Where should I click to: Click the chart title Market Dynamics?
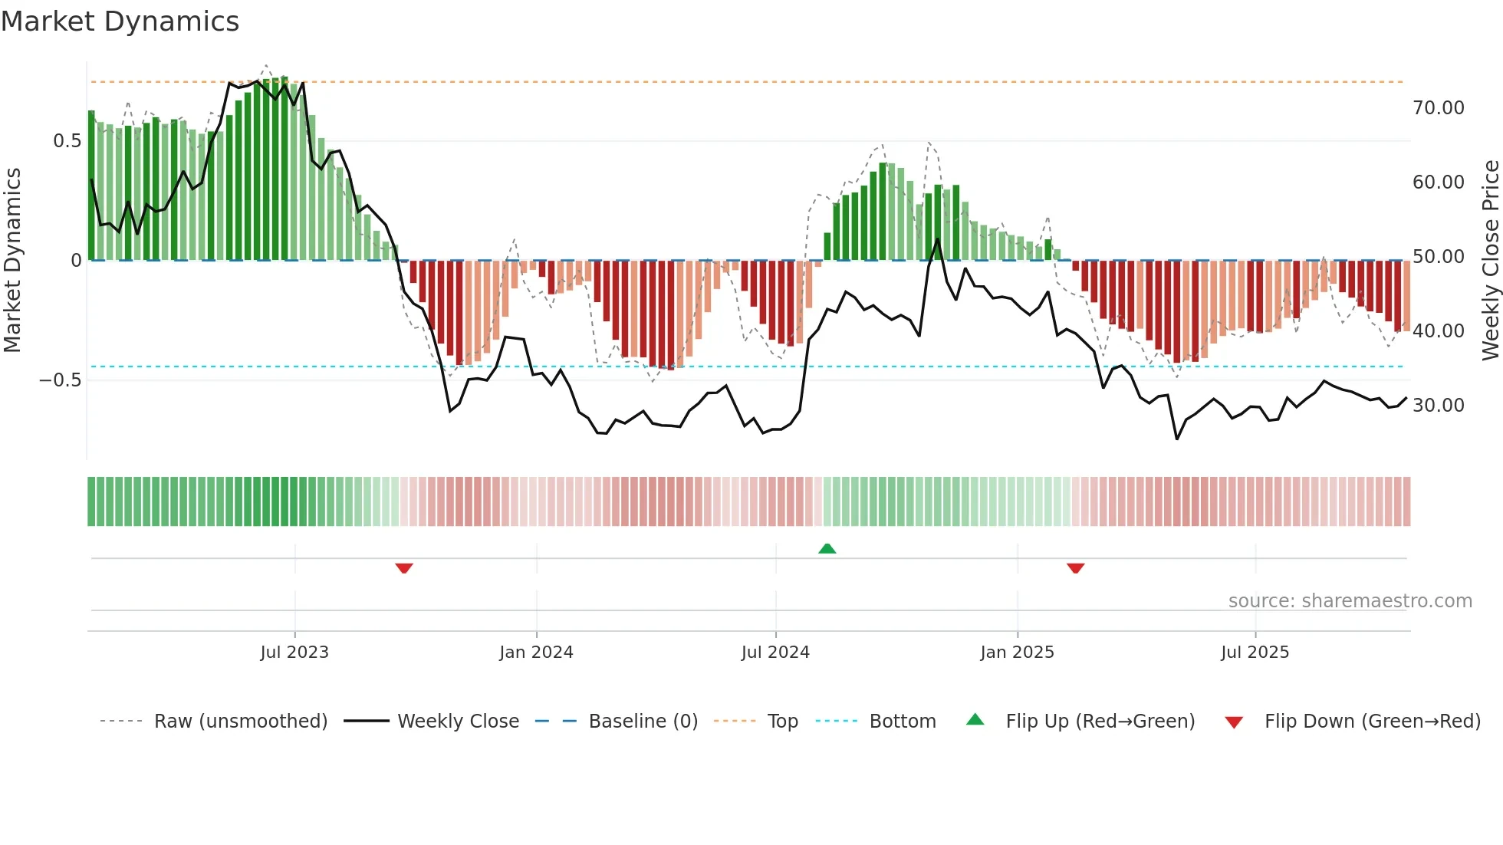120,21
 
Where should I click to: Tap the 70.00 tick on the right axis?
1438,108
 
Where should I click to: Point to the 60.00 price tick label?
1438,182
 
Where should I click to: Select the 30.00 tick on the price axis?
1438,406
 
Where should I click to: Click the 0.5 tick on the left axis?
67,141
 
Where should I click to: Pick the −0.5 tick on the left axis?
60,380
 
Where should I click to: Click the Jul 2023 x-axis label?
294,653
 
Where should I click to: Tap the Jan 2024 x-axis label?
536,653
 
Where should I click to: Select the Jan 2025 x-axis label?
1017,653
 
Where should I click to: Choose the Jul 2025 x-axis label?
1255,653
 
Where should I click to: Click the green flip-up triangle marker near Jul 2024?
827,549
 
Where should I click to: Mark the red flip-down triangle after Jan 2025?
1075,568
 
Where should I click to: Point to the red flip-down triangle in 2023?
404,568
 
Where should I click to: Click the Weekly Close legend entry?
458,722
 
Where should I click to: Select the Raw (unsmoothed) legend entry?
240,722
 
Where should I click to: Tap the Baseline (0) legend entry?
643,722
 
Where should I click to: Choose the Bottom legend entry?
902,722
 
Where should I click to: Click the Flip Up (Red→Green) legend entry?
1100,722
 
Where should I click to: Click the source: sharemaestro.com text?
1350,601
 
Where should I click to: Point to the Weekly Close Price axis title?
1490,261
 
